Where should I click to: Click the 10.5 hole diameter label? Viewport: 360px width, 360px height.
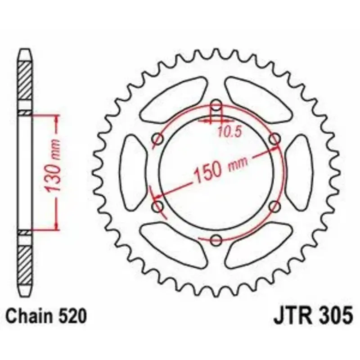click(x=229, y=132)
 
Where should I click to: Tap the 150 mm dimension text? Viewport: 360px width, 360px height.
click(x=221, y=169)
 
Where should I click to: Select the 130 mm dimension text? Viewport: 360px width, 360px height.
click(x=53, y=165)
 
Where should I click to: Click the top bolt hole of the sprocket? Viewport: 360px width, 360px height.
click(x=216, y=106)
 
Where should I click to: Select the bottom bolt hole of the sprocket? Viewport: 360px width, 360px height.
click(x=216, y=240)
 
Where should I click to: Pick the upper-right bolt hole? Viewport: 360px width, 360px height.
click(x=275, y=139)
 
